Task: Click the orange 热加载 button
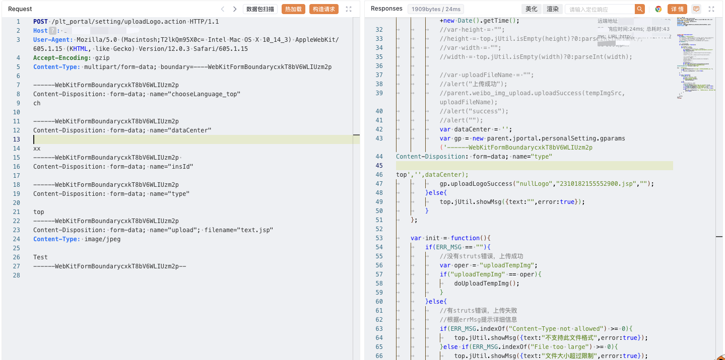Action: click(293, 9)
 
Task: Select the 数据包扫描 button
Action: click(260, 9)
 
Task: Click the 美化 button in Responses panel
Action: click(532, 9)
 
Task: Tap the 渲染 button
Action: click(553, 9)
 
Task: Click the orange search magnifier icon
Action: click(639, 9)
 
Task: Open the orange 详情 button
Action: click(677, 9)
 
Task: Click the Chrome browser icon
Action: click(658, 9)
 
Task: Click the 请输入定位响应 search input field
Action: click(600, 9)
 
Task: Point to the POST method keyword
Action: click(41, 22)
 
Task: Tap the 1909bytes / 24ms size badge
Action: click(436, 9)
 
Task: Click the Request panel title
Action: click(20, 9)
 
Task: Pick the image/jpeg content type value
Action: click(102, 239)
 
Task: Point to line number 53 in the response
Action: click(379, 238)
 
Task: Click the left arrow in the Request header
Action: click(223, 9)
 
